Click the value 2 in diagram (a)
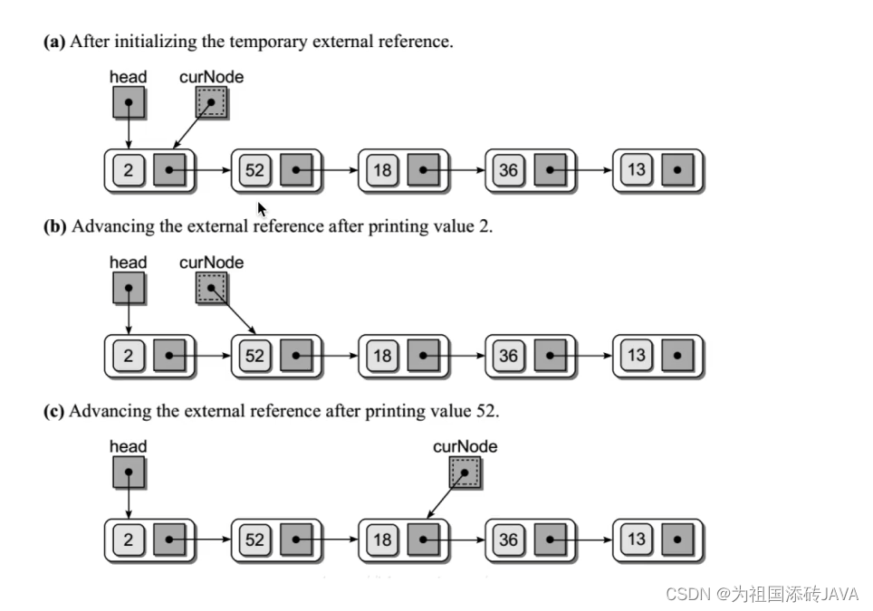(x=128, y=170)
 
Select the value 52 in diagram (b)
(x=254, y=356)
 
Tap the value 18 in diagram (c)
(x=382, y=540)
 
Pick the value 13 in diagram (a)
(x=637, y=170)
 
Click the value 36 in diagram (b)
(x=509, y=356)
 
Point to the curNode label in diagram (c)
(x=465, y=446)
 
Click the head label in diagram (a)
(x=128, y=77)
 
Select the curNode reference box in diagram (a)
(x=212, y=103)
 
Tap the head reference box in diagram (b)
(x=128, y=289)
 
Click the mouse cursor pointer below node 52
(x=262, y=209)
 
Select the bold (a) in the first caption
(x=54, y=42)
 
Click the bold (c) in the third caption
(x=54, y=411)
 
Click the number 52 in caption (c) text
(x=485, y=411)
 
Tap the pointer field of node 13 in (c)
(x=677, y=540)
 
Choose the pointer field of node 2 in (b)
(x=169, y=356)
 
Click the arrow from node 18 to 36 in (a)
(x=462, y=170)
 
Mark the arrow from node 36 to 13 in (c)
(x=589, y=540)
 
